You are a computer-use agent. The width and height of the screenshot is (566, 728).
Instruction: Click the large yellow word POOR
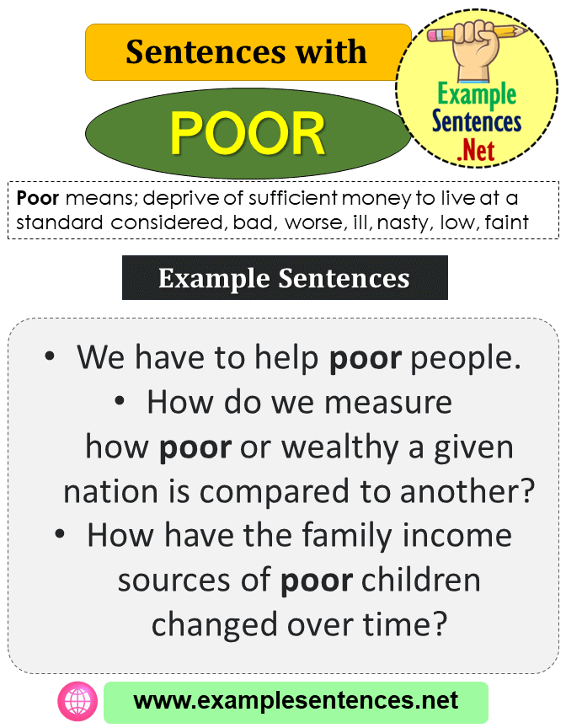[248, 134]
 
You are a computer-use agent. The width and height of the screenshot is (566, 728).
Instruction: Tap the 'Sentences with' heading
[247, 52]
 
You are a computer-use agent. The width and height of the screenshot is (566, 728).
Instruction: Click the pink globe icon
[74, 701]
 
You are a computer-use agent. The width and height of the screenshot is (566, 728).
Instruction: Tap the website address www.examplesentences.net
[296, 701]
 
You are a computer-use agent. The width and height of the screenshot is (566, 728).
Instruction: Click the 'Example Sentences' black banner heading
[284, 278]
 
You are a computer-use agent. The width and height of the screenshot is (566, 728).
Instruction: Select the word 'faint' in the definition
[506, 222]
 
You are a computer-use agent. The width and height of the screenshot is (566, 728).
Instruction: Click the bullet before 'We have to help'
[51, 357]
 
